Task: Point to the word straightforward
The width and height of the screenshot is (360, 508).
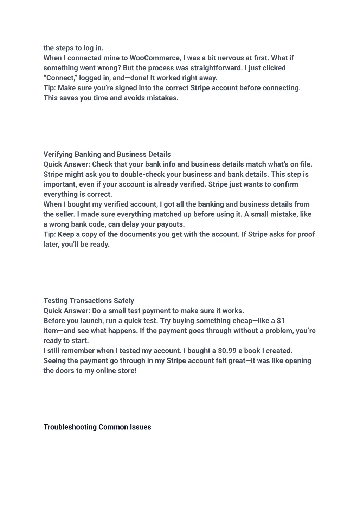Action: click(216, 68)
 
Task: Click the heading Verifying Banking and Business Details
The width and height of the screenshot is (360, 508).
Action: click(107, 154)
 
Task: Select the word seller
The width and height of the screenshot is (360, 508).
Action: click(65, 214)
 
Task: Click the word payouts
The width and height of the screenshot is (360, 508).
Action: click(172, 224)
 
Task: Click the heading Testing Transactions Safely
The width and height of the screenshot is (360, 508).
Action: click(89, 301)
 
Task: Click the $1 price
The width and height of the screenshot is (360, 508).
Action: click(281, 321)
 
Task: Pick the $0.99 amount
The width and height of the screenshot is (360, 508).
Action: click(227, 351)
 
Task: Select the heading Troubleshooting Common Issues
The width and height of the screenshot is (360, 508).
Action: click(97, 427)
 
